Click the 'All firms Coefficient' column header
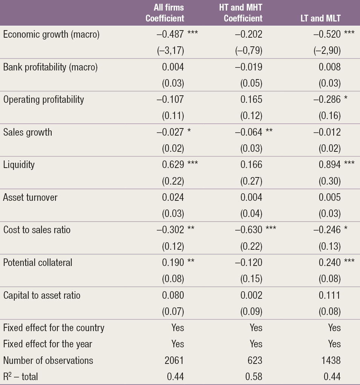tap(165, 13)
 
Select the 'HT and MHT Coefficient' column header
tap(241, 13)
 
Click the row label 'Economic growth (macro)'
tap(51, 35)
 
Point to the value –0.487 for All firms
tap(170, 35)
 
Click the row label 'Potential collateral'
tap(37, 263)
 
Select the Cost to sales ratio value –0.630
tap(248, 230)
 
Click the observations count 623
tap(254, 361)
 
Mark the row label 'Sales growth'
tap(28, 132)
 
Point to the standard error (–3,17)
tap(170, 50)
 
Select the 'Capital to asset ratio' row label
tap(41, 295)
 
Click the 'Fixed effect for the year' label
tap(47, 344)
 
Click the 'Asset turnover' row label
tap(30, 197)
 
